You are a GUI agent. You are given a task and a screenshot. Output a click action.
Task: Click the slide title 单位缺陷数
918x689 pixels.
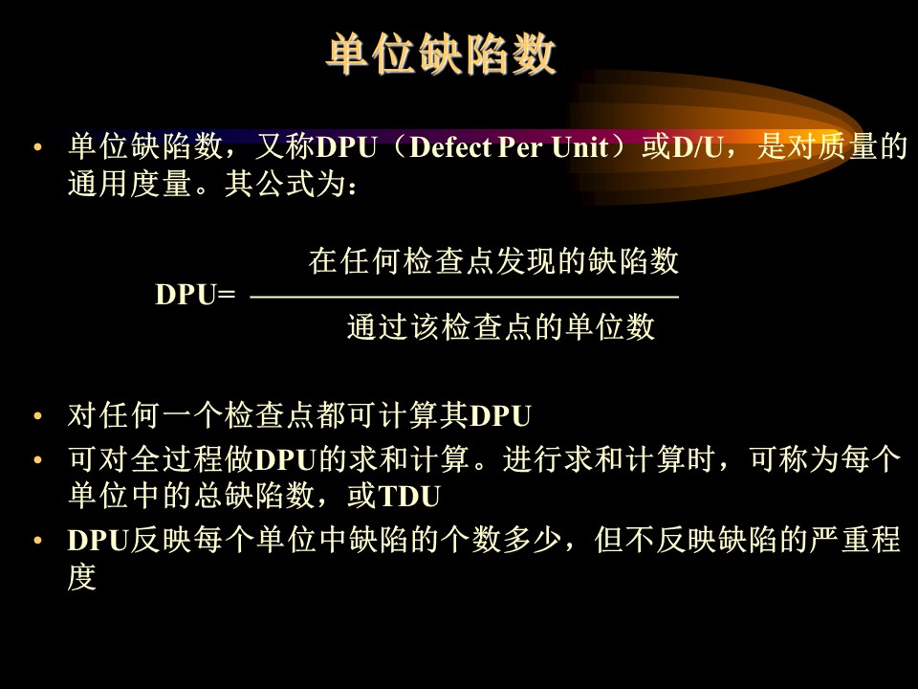(x=440, y=54)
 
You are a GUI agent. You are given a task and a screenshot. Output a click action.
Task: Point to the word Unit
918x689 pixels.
(x=579, y=147)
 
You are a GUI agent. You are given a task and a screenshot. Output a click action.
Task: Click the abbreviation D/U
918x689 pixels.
(x=697, y=147)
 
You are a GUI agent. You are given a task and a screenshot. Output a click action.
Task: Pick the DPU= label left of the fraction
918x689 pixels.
(x=195, y=295)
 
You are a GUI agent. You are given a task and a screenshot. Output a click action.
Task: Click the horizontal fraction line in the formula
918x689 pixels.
(x=465, y=297)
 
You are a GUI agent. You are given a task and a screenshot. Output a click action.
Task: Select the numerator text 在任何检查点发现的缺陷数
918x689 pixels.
(x=493, y=260)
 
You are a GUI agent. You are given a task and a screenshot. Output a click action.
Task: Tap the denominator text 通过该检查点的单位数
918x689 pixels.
(x=500, y=326)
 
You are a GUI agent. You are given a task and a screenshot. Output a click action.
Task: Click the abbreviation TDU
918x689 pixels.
(x=410, y=497)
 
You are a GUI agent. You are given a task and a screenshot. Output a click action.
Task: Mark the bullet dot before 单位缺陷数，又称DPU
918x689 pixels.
(x=38, y=147)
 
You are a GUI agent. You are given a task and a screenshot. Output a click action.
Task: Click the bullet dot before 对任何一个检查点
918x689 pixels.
(x=38, y=416)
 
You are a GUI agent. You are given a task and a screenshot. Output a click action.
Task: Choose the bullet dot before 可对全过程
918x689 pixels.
(x=38, y=459)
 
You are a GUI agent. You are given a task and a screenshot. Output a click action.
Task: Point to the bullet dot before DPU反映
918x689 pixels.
(x=38, y=540)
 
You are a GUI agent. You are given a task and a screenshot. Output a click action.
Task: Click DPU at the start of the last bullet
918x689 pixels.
(x=98, y=540)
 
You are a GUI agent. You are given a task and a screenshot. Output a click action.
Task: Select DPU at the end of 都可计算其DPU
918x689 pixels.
(x=500, y=416)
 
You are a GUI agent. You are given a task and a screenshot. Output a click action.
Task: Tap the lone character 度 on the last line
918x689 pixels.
(x=82, y=577)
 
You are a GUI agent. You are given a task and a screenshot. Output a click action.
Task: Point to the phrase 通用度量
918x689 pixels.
(x=129, y=184)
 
